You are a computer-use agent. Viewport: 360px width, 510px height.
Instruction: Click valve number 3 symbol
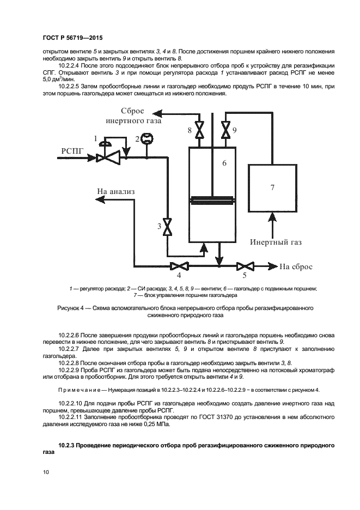click(168, 227)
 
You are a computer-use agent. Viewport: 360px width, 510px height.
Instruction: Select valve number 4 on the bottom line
click(178, 266)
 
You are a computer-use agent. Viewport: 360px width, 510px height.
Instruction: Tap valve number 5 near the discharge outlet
click(246, 266)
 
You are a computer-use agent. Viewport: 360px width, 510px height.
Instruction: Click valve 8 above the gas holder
click(199, 130)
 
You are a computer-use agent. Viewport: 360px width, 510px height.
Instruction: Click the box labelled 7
click(272, 187)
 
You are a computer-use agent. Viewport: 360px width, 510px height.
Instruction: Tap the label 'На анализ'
click(115, 191)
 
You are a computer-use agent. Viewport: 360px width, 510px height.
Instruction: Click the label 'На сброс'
click(296, 267)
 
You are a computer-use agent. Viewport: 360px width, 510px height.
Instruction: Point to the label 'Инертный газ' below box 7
click(276, 242)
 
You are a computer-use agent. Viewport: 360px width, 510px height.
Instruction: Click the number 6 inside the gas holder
click(224, 163)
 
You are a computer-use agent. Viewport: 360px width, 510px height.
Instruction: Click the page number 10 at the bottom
click(46, 473)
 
